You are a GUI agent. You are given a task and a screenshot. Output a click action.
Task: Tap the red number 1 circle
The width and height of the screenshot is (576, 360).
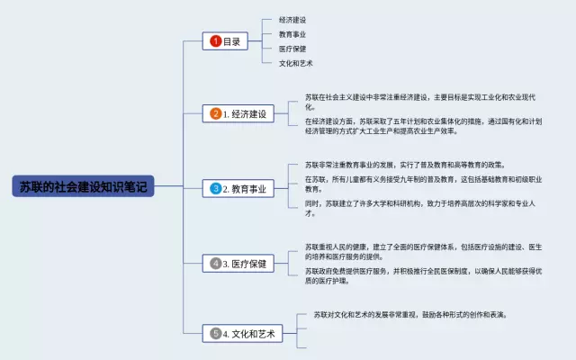click(215, 40)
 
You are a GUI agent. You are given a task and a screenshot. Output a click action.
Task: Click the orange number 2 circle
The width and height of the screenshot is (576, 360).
click(215, 114)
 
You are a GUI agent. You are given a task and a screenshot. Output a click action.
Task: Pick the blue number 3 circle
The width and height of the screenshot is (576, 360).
click(215, 189)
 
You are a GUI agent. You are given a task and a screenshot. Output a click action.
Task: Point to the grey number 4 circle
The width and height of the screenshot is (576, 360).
click(215, 264)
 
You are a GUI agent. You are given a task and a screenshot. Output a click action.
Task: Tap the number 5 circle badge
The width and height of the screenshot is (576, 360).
click(215, 334)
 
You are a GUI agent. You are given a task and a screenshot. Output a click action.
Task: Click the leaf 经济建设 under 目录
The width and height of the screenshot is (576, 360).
click(292, 19)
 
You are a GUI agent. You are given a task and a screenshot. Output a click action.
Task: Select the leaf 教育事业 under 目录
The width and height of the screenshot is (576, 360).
click(292, 34)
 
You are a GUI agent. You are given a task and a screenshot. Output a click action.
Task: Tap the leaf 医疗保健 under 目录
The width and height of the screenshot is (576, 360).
click(292, 49)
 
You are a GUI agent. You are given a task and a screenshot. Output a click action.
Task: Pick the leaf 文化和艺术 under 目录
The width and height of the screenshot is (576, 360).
click(296, 64)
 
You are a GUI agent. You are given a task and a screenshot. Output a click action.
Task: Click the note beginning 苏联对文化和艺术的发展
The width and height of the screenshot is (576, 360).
click(410, 315)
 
